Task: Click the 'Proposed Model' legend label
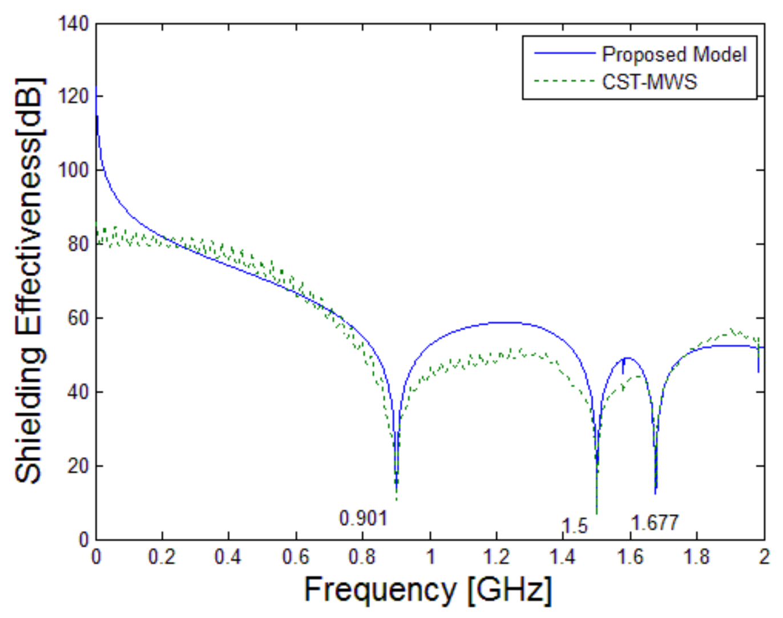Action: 674,55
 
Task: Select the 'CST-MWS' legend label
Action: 649,82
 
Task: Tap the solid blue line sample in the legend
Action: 564,53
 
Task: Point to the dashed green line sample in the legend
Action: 564,81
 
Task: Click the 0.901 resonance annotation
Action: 363,519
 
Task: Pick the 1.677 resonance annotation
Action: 655,523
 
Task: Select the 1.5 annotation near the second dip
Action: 575,526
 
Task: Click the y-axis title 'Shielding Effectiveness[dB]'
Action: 29,280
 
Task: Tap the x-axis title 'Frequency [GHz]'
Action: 428,589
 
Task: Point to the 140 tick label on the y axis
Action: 74,24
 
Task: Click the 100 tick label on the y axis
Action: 74,170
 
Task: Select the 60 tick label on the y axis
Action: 78,318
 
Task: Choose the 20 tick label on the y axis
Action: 78,466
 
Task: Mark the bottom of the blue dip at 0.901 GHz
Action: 397,482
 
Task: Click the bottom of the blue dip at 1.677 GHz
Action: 656,492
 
